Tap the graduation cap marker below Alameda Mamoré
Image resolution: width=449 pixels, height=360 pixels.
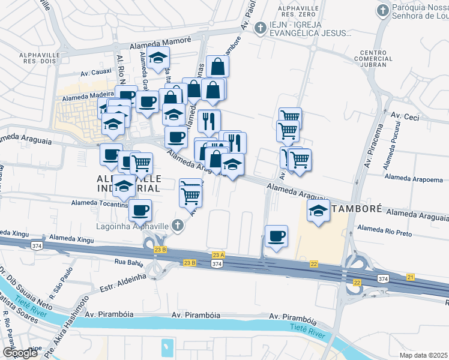pyautogui.click(x=158, y=58)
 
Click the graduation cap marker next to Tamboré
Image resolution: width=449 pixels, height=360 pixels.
pyautogui.click(x=318, y=211)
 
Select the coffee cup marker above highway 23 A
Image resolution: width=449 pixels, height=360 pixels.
pyautogui.click(x=276, y=236)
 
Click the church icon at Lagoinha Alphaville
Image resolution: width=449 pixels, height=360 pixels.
pyautogui.click(x=176, y=226)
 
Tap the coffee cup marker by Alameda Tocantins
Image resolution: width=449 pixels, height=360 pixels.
pyautogui.click(x=140, y=210)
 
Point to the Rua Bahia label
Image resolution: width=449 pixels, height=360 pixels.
pyautogui.click(x=130, y=262)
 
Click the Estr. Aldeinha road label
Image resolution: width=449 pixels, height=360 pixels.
pyautogui.click(x=123, y=278)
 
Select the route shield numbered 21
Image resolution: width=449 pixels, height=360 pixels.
pyautogui.click(x=411, y=277)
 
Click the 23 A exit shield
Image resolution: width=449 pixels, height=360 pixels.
pyautogui.click(x=218, y=255)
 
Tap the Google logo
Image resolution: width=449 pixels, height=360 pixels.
pyautogui.click(x=20, y=353)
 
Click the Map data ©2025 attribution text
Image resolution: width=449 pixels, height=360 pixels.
pyautogui.click(x=415, y=355)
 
